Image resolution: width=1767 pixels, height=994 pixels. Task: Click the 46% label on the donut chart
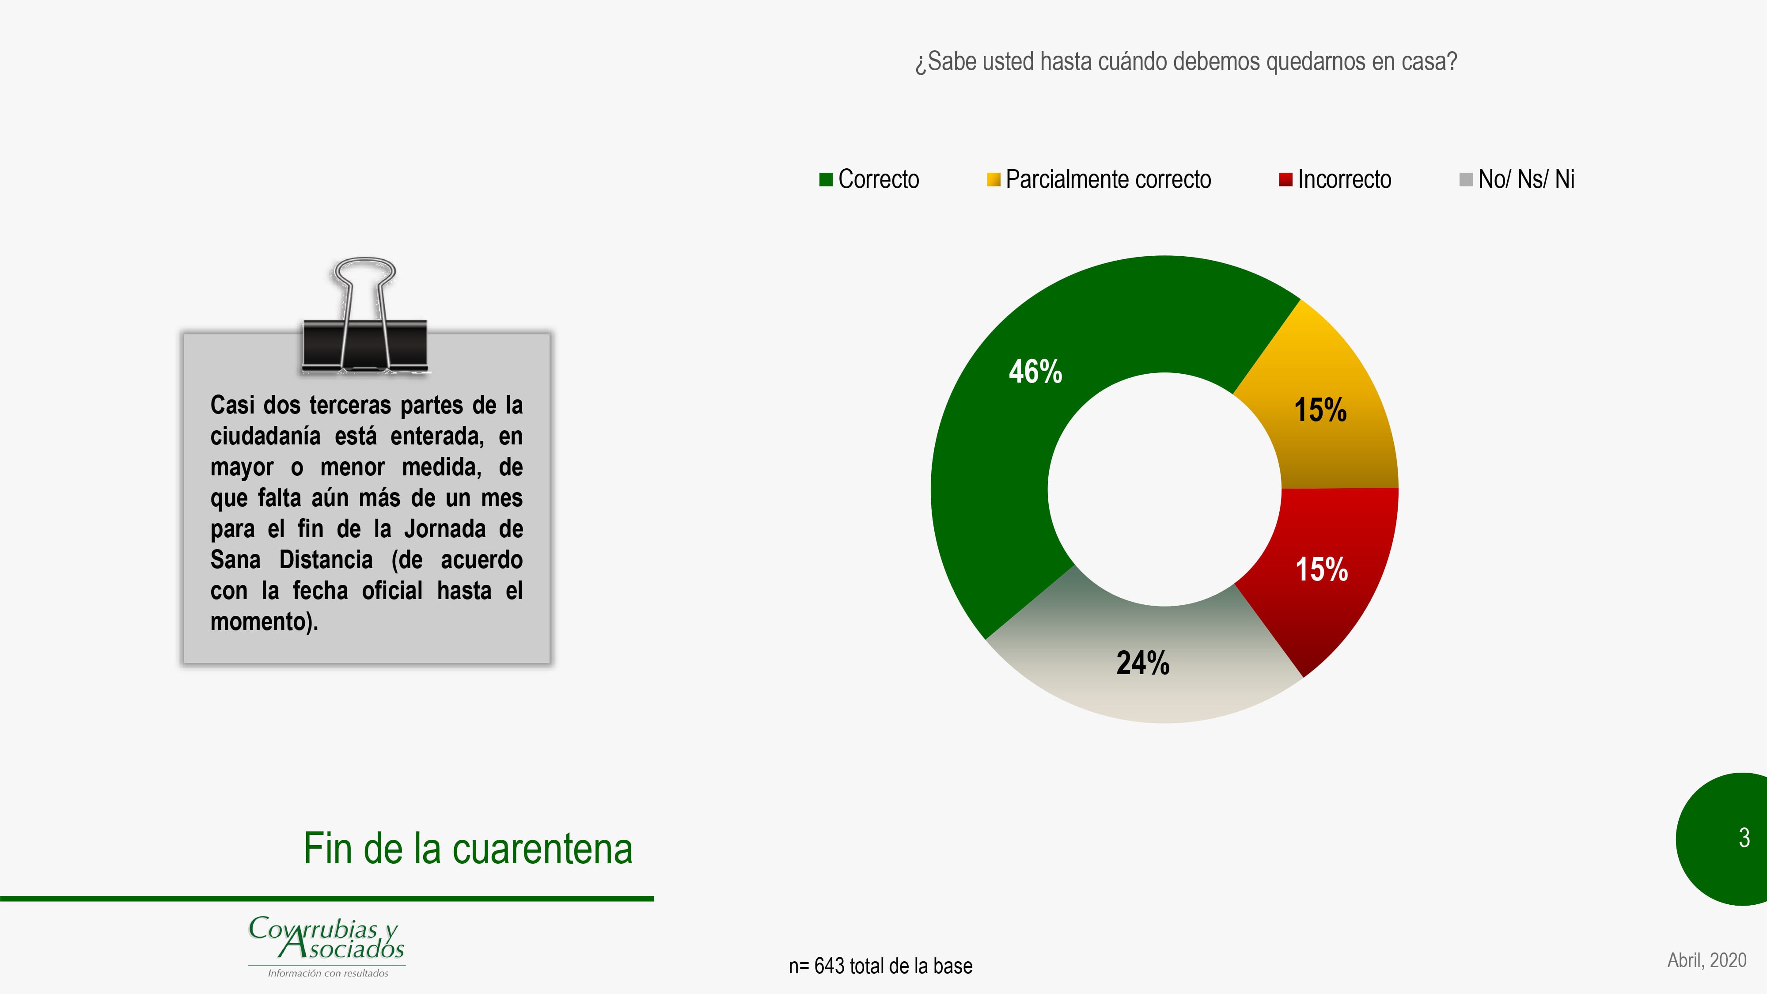[x=1035, y=372]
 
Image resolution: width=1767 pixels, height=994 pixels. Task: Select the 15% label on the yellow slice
[x=1320, y=410]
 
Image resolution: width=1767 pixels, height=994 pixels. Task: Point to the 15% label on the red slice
[x=1322, y=569]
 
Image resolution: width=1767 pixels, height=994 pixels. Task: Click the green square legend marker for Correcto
[x=826, y=180]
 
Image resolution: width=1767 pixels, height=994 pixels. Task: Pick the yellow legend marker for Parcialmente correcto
[x=993, y=180]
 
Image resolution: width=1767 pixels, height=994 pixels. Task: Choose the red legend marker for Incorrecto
[x=1285, y=180]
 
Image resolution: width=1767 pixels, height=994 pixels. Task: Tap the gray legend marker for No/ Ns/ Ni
[x=1466, y=180]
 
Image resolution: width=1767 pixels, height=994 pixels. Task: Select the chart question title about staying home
[x=1186, y=62]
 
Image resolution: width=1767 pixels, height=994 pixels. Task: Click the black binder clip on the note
[x=365, y=317]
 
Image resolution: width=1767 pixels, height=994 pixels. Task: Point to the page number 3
[x=1744, y=838]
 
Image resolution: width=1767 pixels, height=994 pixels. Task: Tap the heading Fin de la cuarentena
[x=468, y=849]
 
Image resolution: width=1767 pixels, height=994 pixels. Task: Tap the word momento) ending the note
[x=264, y=622]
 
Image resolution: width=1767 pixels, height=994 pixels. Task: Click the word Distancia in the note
[x=326, y=560]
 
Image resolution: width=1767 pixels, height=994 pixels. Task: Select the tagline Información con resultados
[x=328, y=973]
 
